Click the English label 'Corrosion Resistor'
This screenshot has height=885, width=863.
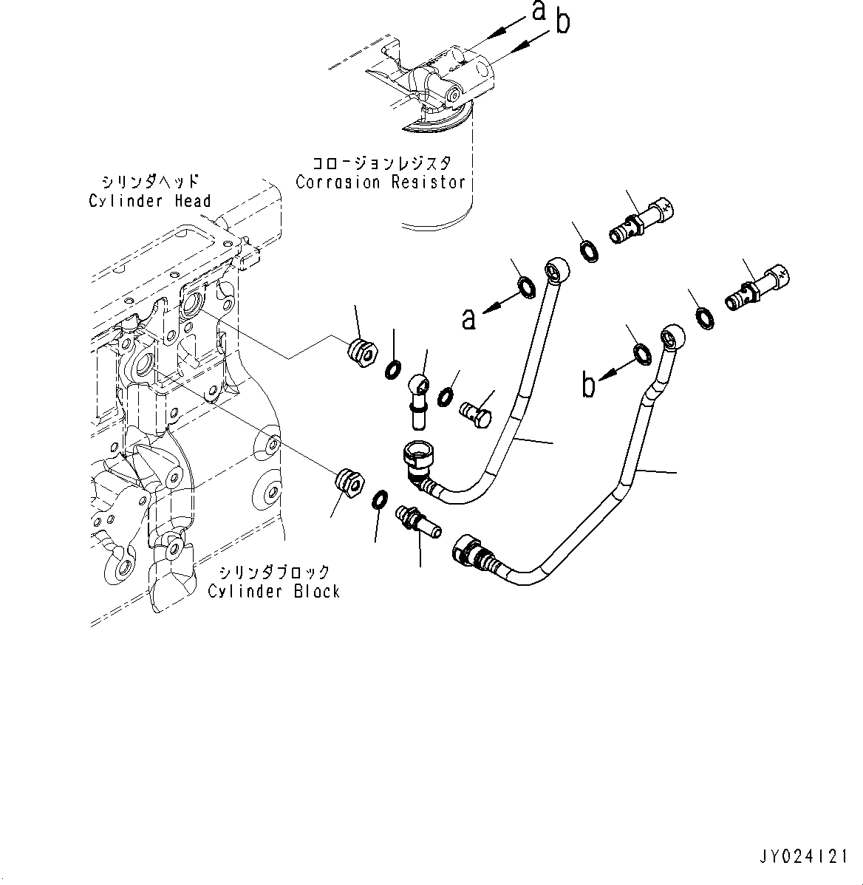coord(381,182)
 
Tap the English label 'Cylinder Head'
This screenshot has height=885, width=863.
coord(150,200)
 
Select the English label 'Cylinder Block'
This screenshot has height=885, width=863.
coord(273,591)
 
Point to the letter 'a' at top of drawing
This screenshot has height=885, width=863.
coord(539,11)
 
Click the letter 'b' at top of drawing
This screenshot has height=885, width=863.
coord(562,24)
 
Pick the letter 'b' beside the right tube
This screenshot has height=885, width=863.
coord(589,386)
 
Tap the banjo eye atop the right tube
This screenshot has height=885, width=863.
coord(669,336)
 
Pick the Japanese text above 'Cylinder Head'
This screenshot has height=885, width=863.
coord(151,181)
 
